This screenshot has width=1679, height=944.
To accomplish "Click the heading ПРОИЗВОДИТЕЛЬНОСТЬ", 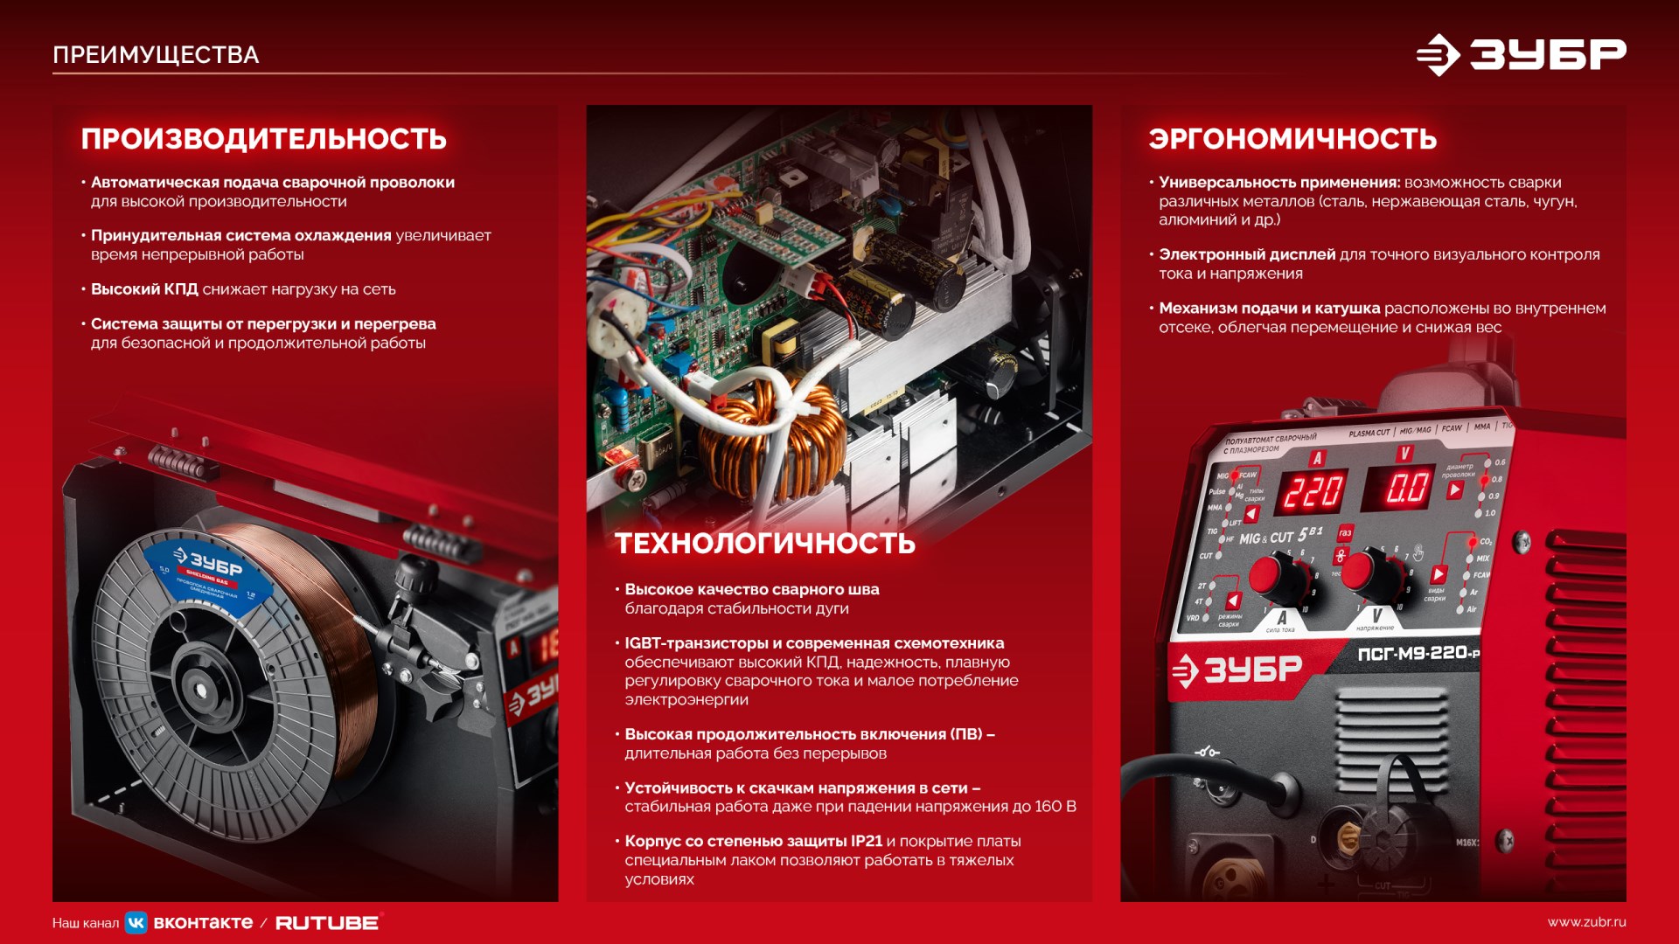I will click(263, 139).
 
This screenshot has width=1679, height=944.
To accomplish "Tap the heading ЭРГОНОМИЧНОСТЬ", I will click(1292, 139).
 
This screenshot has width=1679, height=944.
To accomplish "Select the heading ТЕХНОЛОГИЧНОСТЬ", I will click(764, 544).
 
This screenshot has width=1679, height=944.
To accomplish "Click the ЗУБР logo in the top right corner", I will click(1521, 55).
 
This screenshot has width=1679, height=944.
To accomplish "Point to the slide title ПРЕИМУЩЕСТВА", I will click(156, 55).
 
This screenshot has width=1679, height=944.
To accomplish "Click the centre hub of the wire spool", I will click(200, 691).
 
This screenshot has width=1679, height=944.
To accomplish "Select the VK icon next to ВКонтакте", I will click(136, 923).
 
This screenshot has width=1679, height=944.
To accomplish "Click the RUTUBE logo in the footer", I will click(328, 923).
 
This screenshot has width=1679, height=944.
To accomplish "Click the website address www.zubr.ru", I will click(1586, 922).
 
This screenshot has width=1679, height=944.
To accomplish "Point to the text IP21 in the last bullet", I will click(866, 841).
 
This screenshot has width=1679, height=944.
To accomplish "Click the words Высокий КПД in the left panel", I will click(144, 289).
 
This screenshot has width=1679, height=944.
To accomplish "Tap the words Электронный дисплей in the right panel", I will click(1246, 254).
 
